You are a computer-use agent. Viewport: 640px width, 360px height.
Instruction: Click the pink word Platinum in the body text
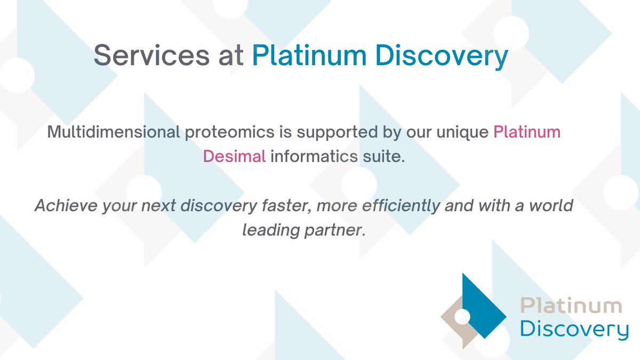point(527,132)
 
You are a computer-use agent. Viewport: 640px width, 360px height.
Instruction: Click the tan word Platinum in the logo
point(571,306)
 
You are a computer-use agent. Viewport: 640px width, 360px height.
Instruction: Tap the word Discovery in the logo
point(574,329)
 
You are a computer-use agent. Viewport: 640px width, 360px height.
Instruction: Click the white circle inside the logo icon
point(462,316)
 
